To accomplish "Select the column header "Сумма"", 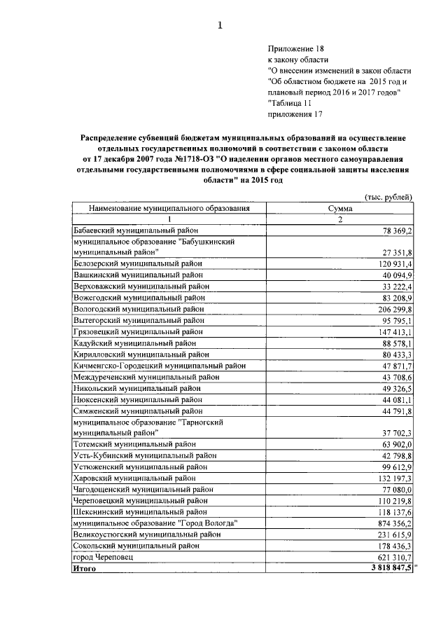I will click(x=340, y=208).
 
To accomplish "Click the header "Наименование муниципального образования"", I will click(x=169, y=208).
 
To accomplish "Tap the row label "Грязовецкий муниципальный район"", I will click(x=138, y=331).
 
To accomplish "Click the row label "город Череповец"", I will click(x=103, y=556).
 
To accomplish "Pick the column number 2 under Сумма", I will click(x=340, y=219).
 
